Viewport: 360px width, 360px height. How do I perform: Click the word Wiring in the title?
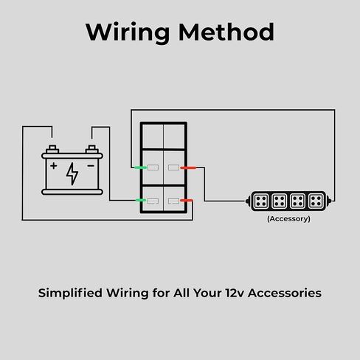128,32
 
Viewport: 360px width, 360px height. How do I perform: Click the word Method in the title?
226,32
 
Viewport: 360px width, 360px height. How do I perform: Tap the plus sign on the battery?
54,166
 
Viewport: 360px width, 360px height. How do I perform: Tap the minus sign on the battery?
91,166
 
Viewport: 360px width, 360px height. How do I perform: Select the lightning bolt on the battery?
72,173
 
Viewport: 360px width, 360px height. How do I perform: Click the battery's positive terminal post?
52,149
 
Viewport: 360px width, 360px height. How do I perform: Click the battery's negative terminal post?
92,149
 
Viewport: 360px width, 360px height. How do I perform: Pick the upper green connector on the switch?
140,167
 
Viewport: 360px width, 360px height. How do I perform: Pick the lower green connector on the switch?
141,201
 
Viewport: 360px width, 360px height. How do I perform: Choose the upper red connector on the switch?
188,168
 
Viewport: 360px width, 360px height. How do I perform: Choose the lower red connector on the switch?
187,201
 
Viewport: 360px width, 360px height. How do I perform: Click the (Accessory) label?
288,219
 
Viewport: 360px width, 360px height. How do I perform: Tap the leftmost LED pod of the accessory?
260,201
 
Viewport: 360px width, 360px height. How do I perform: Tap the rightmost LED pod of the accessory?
316,201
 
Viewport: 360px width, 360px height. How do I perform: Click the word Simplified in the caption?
70,293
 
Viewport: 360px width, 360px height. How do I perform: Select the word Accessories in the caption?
285,293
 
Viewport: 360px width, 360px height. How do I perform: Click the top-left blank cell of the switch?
153,136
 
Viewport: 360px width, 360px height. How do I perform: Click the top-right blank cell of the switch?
174,136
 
